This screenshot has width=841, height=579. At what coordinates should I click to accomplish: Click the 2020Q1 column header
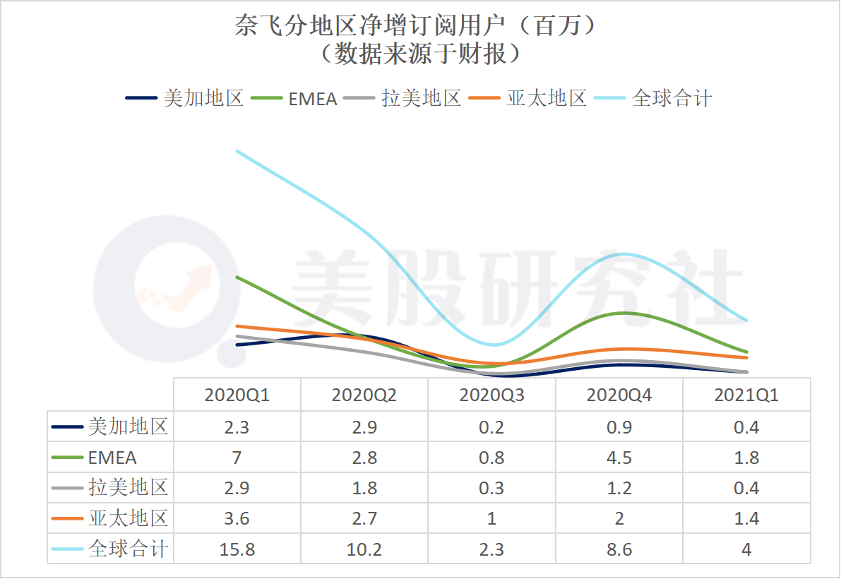pos(237,395)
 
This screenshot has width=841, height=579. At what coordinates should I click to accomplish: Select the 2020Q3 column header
pos(492,395)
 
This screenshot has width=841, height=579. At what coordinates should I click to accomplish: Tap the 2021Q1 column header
pos(746,395)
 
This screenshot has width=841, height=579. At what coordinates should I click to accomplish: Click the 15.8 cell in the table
pos(237,549)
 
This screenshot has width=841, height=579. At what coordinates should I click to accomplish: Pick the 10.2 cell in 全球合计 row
pos(364,549)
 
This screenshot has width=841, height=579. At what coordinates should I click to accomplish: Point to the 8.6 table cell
pos(619,549)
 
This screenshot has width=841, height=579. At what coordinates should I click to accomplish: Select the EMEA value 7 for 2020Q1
pos(237,458)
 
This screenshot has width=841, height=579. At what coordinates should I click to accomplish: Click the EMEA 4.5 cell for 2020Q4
pos(619,458)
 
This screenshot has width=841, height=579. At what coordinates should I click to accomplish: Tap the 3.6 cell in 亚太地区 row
pos(237,519)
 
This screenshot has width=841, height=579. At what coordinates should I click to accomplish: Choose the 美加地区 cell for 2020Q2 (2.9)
pos(364,427)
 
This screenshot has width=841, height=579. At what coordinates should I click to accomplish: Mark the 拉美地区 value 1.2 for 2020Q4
pos(619,488)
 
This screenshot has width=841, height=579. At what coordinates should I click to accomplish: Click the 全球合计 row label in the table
pos(129,549)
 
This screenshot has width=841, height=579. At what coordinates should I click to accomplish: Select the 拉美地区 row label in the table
pos(129,488)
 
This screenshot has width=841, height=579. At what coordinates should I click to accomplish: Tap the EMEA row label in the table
pos(112,458)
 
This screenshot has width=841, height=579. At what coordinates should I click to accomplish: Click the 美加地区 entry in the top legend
pos(203,98)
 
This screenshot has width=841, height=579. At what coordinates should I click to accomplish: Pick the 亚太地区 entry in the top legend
pos(547,98)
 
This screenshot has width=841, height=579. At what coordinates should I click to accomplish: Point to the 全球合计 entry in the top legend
pos(672,98)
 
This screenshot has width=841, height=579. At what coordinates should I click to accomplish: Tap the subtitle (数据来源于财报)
pos(420,54)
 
